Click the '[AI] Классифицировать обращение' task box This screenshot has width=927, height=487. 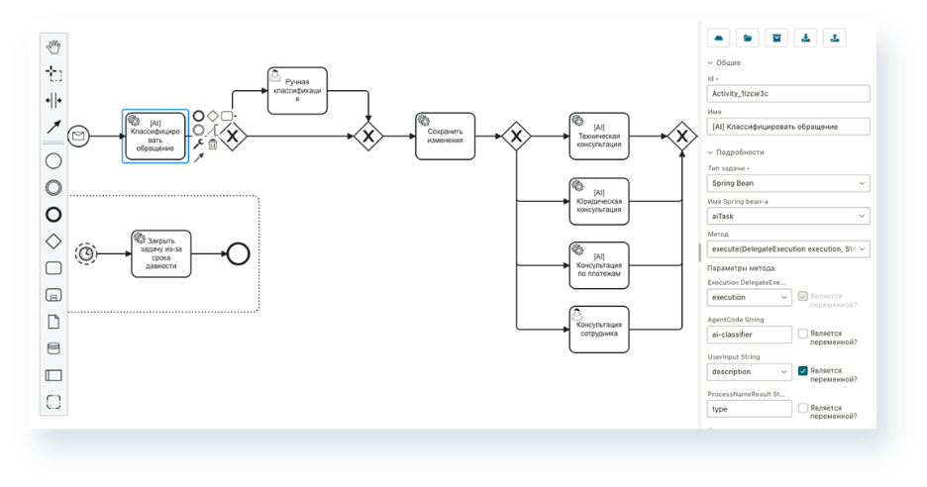(154, 136)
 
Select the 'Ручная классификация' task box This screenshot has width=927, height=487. (297, 91)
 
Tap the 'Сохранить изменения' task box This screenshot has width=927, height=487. (445, 137)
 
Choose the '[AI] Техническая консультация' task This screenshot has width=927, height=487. (599, 137)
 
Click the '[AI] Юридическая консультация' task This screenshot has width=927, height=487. (599, 201)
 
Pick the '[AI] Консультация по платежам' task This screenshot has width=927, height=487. (599, 265)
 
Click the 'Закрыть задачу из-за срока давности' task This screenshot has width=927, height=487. (160, 253)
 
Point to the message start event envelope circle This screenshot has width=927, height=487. (78, 137)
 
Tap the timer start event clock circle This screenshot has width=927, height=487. (87, 253)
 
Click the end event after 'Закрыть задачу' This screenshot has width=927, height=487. (238, 253)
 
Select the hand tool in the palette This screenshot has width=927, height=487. (53, 47)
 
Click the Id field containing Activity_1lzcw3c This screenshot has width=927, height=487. (787, 94)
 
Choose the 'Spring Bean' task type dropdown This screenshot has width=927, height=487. (787, 183)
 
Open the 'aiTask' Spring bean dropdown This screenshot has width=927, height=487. (787, 216)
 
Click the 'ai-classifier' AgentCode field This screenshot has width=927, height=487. (749, 335)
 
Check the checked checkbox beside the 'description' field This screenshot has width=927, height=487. (803, 370)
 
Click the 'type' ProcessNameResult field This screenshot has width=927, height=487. (749, 408)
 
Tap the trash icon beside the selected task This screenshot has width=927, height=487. (212, 145)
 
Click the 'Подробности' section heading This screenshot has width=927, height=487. (741, 152)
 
